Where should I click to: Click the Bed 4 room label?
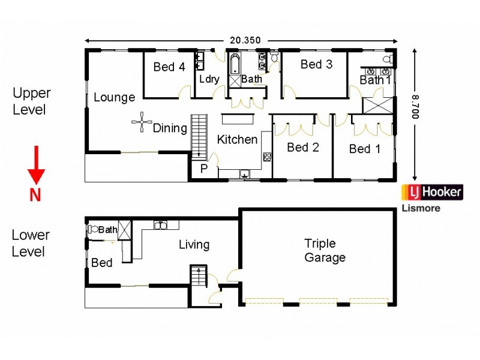pyautogui.click(x=169, y=67)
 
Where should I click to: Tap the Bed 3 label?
pyautogui.click(x=316, y=64)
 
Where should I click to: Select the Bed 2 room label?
pyautogui.click(x=302, y=148)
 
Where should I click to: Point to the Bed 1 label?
pyautogui.click(x=365, y=149)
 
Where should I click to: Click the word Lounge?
pyautogui.click(x=114, y=97)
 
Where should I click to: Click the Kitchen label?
pyautogui.click(x=237, y=140)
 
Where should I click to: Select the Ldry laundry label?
pyautogui.click(x=209, y=79)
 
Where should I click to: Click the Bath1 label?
pyautogui.click(x=376, y=80)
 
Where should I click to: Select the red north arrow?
pyautogui.click(x=36, y=165)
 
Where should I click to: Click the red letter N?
pyautogui.click(x=35, y=195)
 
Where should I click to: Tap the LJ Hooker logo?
pyautogui.click(x=432, y=192)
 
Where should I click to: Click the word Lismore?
pyautogui.click(x=420, y=208)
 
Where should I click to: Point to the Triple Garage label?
pyautogui.click(x=325, y=251)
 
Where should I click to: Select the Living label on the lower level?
pyautogui.click(x=194, y=245)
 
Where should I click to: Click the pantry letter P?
pyautogui.click(x=204, y=169)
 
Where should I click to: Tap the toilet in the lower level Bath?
pyautogui.click(x=93, y=229)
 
